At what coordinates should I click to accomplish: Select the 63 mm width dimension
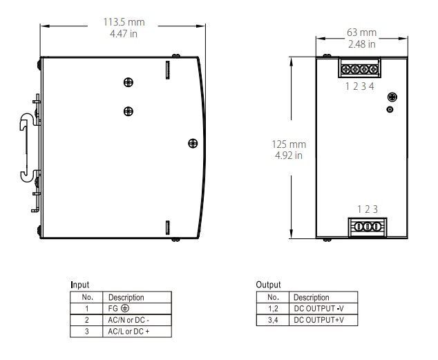pos(361,32)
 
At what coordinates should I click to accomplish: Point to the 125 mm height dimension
pos(288,144)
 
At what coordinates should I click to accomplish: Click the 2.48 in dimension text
pos(361,44)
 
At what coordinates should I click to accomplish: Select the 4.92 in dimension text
pos(288,155)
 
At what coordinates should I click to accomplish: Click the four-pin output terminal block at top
pos(359,70)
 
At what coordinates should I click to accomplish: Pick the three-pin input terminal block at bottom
pos(368,227)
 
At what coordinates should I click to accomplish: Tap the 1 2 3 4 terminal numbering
pos(359,86)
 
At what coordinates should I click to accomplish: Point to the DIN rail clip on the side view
pos(26,148)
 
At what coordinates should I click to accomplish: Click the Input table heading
pos(79,285)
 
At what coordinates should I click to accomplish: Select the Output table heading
pos(268,285)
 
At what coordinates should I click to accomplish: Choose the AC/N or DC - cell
pos(128,320)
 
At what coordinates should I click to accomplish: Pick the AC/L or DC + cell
pos(128,332)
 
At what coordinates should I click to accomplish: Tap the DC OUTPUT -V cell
pos(320,308)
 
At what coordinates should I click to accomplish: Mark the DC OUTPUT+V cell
pos(320,320)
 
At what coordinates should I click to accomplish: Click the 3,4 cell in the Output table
pos(273,320)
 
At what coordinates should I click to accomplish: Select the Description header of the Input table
pos(126,296)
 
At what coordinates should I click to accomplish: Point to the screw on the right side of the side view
pos(192,143)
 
